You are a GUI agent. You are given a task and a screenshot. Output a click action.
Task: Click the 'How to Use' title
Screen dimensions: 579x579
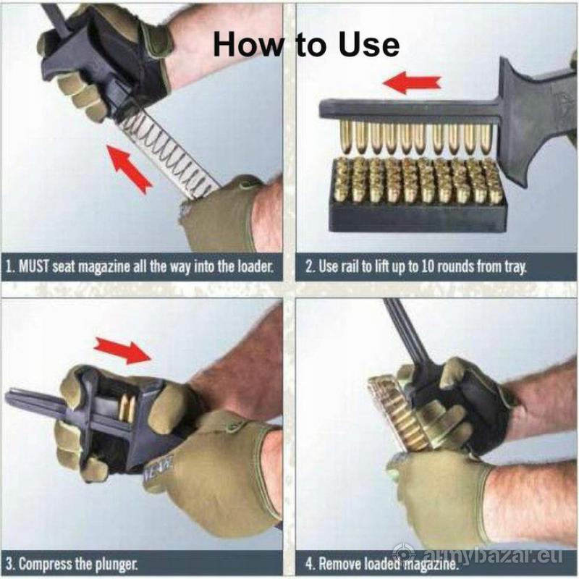point(306,45)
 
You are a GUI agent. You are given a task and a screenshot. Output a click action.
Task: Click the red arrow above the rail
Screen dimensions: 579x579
point(412,83)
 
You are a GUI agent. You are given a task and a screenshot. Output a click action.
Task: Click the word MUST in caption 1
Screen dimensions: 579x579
point(34,266)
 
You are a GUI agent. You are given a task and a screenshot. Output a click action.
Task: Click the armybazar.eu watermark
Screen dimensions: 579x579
point(477,554)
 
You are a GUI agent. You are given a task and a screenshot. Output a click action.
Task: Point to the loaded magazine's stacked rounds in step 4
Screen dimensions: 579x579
point(399,413)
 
